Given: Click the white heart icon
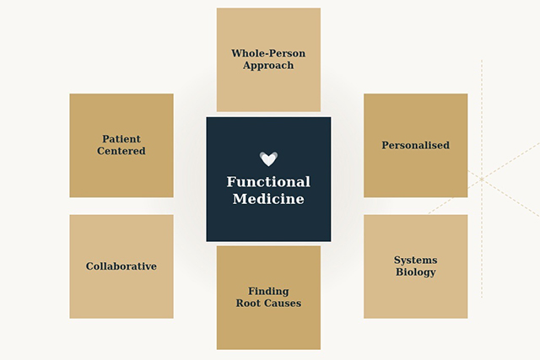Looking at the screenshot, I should coord(268,159).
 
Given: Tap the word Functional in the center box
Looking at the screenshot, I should coord(268,182).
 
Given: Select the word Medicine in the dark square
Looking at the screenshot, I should coord(268,200).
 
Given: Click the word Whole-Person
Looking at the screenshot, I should coord(268,54).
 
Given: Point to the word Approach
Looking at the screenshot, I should coord(268,66).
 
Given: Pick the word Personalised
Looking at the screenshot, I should coord(415,145).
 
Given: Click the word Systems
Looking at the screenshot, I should coord(415,261).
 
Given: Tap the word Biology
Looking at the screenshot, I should coord(415,272).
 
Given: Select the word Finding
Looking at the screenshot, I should coord(268,291).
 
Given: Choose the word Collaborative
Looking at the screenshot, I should coord(121,266).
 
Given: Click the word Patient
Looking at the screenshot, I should coord(121,139).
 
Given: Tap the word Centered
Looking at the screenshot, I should coord(121,152).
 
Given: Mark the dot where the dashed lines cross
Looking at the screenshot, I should coord(482,180).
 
